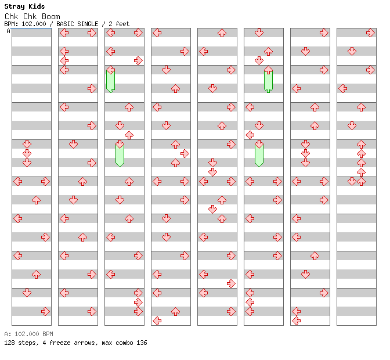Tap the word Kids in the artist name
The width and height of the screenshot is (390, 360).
click(x=36, y=6)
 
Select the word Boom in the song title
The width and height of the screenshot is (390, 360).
click(x=51, y=16)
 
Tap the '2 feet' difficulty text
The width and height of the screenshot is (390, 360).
click(x=119, y=24)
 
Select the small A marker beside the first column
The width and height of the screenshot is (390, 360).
click(x=8, y=31)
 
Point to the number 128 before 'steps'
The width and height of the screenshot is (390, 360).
click(x=9, y=343)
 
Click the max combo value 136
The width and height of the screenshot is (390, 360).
click(x=142, y=343)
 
